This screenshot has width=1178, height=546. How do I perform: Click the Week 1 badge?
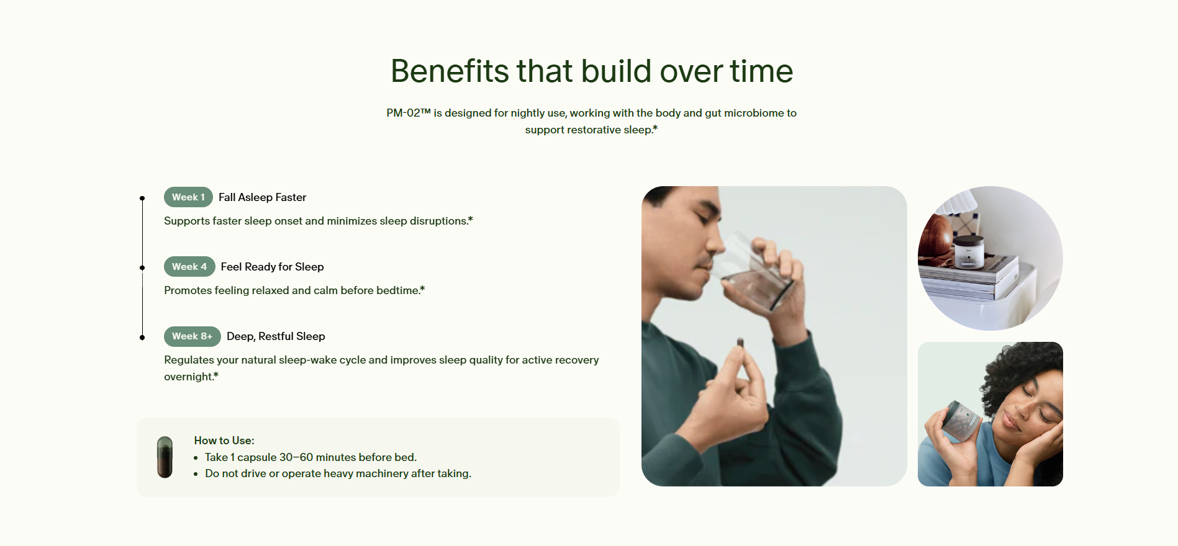188,197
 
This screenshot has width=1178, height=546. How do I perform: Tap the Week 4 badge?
189,267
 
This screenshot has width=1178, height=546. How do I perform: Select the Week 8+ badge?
193,336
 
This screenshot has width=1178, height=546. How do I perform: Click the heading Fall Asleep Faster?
262,197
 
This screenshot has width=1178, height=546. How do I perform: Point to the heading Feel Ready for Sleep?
272,267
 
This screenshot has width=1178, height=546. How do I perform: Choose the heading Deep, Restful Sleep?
276,336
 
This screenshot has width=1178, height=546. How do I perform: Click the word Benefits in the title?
450,71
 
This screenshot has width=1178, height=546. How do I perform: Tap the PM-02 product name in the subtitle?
408,113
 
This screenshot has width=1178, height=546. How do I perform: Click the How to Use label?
224,441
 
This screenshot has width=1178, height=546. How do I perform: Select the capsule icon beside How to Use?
165,457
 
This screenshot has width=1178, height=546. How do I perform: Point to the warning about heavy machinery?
338,473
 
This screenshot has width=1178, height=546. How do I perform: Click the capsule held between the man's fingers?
740,343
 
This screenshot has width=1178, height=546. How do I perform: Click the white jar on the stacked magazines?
969,252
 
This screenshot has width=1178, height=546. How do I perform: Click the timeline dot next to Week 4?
142,268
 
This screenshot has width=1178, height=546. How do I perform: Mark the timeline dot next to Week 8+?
142,338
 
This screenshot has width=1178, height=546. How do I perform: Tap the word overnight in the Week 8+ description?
189,377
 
